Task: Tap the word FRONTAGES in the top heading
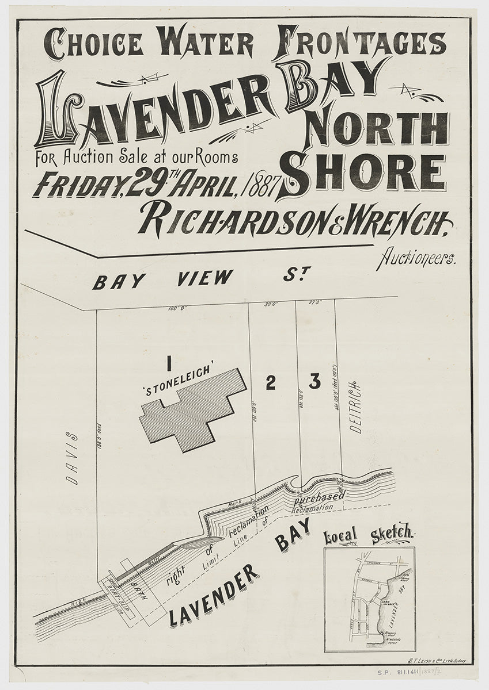point(361,42)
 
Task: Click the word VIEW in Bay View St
point(204,279)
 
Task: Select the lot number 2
point(270,383)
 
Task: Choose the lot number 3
point(314,381)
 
